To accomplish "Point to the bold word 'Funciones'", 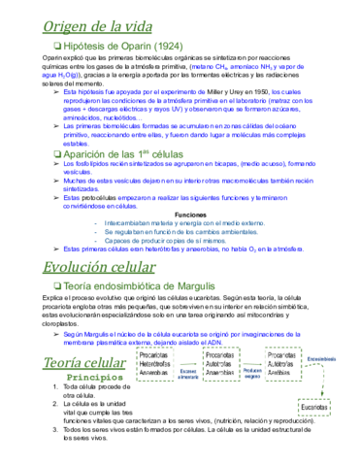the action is click(x=191, y=214).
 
